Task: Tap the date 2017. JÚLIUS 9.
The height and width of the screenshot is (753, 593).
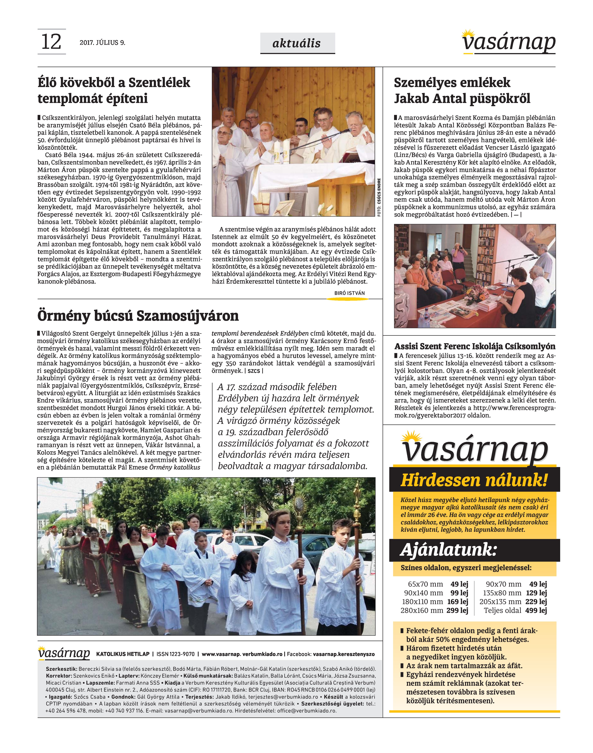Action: tap(102, 43)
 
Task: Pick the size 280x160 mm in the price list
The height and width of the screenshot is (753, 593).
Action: tap(421, 610)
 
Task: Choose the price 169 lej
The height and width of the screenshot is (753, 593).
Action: tap(458, 602)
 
